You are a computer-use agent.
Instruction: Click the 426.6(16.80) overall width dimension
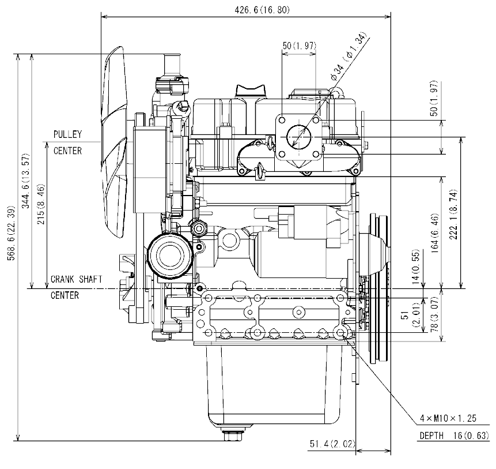pos(247,10)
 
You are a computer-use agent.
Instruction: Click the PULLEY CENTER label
pos(67,142)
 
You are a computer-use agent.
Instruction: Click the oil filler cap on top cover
pos(251,91)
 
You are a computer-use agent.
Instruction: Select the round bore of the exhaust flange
pos(299,137)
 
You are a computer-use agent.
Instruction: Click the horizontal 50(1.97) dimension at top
pos(298,46)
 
